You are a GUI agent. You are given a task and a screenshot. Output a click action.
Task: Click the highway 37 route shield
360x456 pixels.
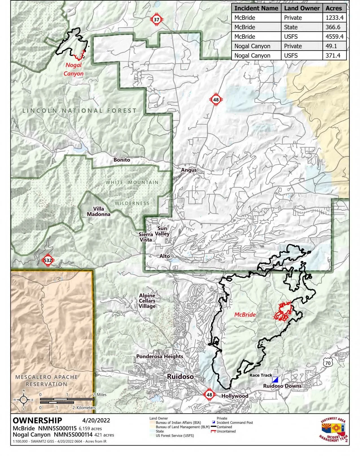click(x=157, y=19)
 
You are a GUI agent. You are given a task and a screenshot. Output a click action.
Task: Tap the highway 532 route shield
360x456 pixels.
click(x=48, y=260)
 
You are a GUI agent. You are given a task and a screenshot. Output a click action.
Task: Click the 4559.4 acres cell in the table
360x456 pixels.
click(x=334, y=37)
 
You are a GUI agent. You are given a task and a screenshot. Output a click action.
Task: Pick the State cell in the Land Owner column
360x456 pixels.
click(x=291, y=27)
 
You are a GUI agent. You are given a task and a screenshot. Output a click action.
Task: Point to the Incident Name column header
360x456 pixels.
click(x=256, y=8)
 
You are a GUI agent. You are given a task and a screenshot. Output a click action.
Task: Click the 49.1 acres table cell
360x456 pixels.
click(x=334, y=46)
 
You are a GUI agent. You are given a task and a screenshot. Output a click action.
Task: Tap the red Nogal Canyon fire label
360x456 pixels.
click(x=73, y=69)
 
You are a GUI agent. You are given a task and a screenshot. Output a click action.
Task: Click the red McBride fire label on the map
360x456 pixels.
click(x=245, y=314)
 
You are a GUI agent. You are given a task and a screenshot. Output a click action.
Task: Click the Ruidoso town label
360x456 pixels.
click(x=180, y=377)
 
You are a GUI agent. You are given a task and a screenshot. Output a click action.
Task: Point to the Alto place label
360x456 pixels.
click(x=165, y=256)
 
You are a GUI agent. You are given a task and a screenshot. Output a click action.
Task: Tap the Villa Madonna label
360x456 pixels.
click(x=99, y=211)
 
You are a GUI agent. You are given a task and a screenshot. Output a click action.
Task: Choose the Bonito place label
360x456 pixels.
click(x=122, y=160)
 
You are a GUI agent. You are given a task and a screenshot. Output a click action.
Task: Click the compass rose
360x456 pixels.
click(x=24, y=399)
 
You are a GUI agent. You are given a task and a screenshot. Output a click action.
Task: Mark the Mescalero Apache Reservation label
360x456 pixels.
click(x=47, y=381)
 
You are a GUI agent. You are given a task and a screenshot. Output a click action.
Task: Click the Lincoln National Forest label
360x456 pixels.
click(x=79, y=110)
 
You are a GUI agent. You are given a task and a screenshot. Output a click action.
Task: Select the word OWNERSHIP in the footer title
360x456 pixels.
click(x=37, y=421)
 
